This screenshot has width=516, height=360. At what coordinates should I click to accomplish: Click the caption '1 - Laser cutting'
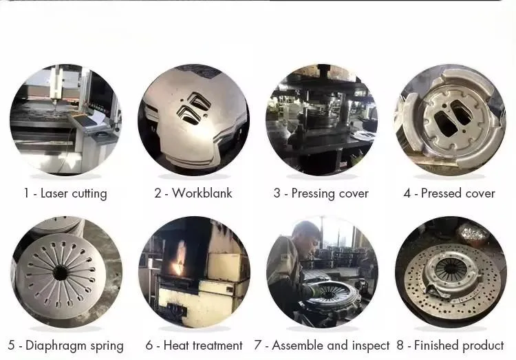[65, 193]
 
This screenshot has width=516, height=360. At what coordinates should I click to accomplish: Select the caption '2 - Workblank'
[193, 193]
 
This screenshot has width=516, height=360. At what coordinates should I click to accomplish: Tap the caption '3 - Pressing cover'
[321, 193]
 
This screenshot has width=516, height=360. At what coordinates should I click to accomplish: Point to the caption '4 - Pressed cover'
[449, 193]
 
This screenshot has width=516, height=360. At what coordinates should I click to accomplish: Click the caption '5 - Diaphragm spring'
[65, 346]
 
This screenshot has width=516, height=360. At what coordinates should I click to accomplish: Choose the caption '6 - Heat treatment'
[194, 346]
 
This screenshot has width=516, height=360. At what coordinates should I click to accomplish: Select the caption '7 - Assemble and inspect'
[321, 346]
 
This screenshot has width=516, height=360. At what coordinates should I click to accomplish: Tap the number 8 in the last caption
[400, 346]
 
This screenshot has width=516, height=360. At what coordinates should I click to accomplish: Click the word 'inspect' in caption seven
[368, 346]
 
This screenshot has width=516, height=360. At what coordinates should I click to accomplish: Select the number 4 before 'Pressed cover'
[407, 193]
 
